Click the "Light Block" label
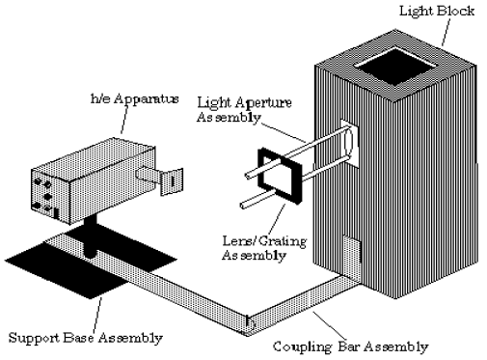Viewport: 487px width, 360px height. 437,11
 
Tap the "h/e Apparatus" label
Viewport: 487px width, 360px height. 135,98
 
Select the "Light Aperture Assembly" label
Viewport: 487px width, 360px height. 244,110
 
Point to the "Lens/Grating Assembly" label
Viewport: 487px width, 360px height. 264,248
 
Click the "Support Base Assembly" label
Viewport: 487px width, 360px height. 85,338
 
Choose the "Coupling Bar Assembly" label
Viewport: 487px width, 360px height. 351,346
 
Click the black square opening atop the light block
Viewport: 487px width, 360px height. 395,67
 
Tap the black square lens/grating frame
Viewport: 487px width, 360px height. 281,176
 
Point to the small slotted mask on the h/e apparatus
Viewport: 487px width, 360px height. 172,181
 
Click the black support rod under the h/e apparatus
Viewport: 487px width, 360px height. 90,236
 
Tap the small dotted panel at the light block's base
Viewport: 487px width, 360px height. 352,259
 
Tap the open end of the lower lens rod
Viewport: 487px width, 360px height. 243,205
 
